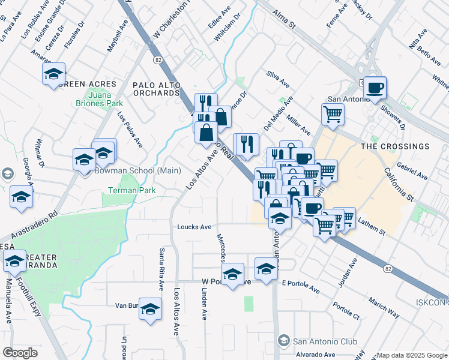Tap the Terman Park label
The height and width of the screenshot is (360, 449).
[131, 190]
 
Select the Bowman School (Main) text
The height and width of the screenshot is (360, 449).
[137, 170]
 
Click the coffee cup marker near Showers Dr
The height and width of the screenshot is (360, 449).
[375, 88]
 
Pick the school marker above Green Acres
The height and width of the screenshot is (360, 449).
[53, 74]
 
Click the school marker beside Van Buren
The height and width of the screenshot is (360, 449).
[151, 309]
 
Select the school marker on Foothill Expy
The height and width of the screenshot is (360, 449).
[14, 261]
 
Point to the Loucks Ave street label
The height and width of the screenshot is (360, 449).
[194, 227]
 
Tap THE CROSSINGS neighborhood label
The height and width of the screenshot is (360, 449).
[395, 146]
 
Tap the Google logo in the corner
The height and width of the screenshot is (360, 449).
[20, 352]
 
